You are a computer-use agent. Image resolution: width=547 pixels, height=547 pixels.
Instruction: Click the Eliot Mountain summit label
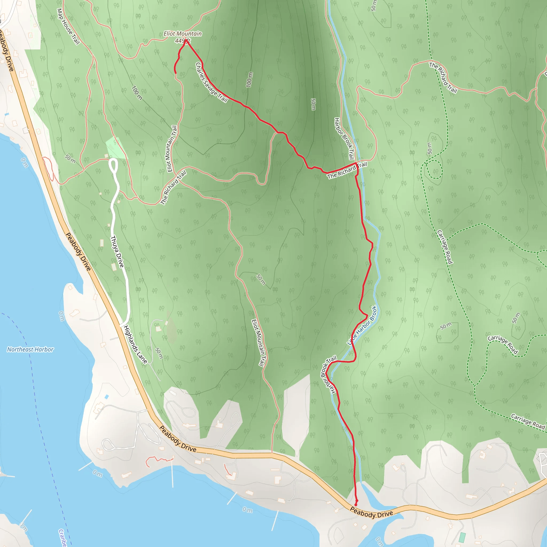point(183,34)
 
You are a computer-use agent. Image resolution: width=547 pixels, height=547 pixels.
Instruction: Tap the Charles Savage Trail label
point(212,82)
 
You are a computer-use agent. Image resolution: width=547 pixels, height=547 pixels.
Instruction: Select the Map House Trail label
point(68,26)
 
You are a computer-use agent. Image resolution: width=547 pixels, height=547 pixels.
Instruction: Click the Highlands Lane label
point(136,345)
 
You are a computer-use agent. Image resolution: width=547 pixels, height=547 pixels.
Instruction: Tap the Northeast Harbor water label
point(30,350)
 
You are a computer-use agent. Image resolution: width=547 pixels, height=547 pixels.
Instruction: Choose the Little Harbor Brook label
point(362,326)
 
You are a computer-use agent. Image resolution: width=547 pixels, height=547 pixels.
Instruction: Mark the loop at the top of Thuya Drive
point(113,165)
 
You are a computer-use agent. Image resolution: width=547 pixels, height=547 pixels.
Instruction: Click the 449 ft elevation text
point(182,41)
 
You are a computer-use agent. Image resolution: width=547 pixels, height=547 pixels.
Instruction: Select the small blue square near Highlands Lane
point(107,397)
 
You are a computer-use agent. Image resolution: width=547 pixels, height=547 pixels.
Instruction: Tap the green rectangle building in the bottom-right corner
point(462,536)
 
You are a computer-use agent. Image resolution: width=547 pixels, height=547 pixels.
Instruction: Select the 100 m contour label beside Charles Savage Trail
point(249,80)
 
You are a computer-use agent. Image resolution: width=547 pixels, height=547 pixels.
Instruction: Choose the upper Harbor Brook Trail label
point(344,139)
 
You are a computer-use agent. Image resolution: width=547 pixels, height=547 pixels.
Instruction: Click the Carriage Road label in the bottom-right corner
point(528,421)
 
